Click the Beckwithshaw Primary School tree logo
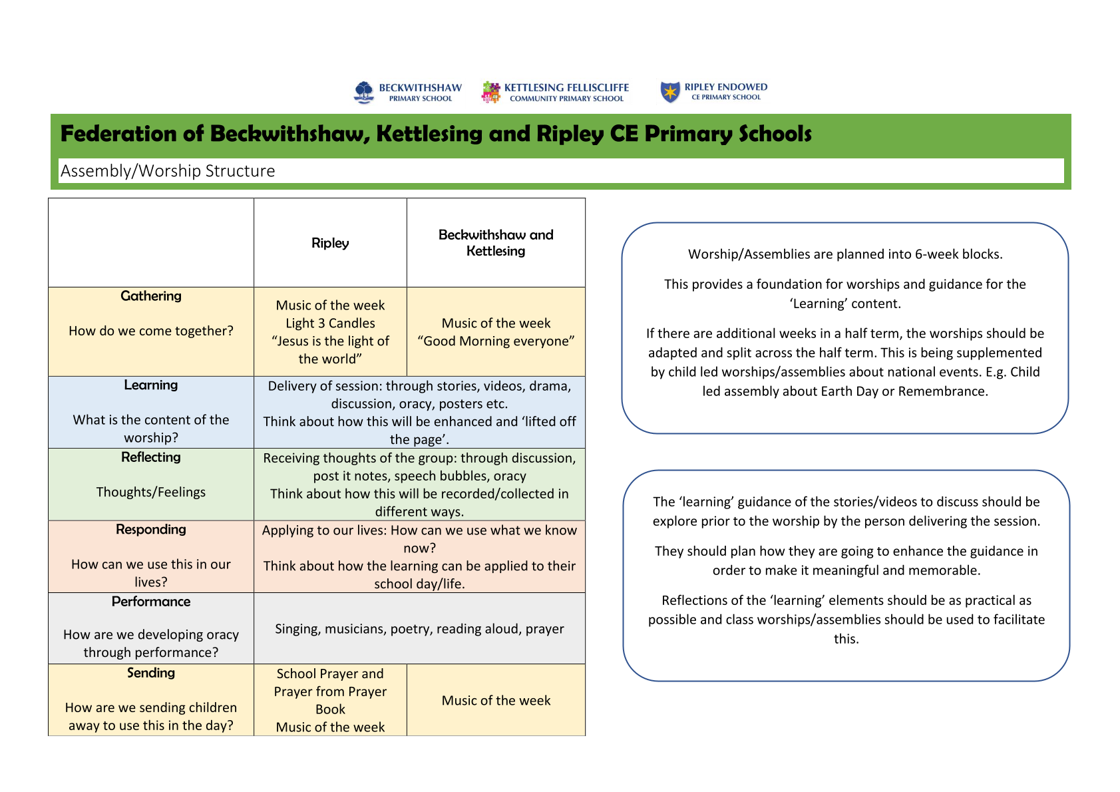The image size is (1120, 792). point(364,93)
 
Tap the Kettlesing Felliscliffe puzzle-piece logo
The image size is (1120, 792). point(490,93)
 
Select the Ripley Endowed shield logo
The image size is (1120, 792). point(669,92)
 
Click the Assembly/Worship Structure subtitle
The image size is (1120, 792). point(168,171)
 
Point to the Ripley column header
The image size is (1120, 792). point(330,243)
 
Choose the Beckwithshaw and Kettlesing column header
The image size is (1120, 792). point(496,243)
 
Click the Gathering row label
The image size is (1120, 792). point(151,296)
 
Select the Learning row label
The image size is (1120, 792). point(151,385)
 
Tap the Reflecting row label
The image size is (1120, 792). point(151,457)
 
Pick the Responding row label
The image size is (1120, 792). point(151,530)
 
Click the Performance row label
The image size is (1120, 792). point(151,602)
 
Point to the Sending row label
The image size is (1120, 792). point(151,673)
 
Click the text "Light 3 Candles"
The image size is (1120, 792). point(330,323)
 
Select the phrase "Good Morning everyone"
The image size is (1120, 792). point(496,341)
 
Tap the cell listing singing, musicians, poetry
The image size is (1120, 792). point(419,629)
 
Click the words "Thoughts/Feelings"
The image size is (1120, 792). point(151,493)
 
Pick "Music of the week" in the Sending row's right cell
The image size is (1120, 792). point(496,701)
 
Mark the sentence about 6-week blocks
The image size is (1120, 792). point(845,254)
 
